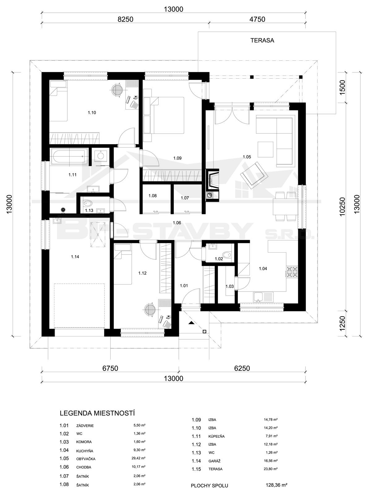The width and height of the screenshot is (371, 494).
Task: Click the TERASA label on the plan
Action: click(x=262, y=41)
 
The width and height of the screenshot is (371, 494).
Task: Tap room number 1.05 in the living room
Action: click(x=247, y=157)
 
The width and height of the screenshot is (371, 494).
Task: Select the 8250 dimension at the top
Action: click(x=126, y=19)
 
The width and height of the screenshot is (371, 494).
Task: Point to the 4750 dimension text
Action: click(x=258, y=19)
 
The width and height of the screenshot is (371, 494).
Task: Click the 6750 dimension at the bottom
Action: click(x=110, y=368)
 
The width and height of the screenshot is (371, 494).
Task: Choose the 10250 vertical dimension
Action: click(x=343, y=207)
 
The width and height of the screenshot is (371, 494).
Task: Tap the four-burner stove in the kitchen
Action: click(x=292, y=272)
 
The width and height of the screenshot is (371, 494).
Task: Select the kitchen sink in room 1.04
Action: click(x=263, y=297)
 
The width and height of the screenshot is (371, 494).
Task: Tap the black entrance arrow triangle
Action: click(x=191, y=323)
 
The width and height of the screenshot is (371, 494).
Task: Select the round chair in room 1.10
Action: click(x=117, y=90)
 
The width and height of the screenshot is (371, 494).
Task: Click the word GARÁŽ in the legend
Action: click(x=213, y=461)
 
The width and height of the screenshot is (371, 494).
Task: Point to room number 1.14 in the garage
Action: click(x=75, y=257)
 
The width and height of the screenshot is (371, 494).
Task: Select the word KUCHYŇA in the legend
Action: click(x=85, y=444)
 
